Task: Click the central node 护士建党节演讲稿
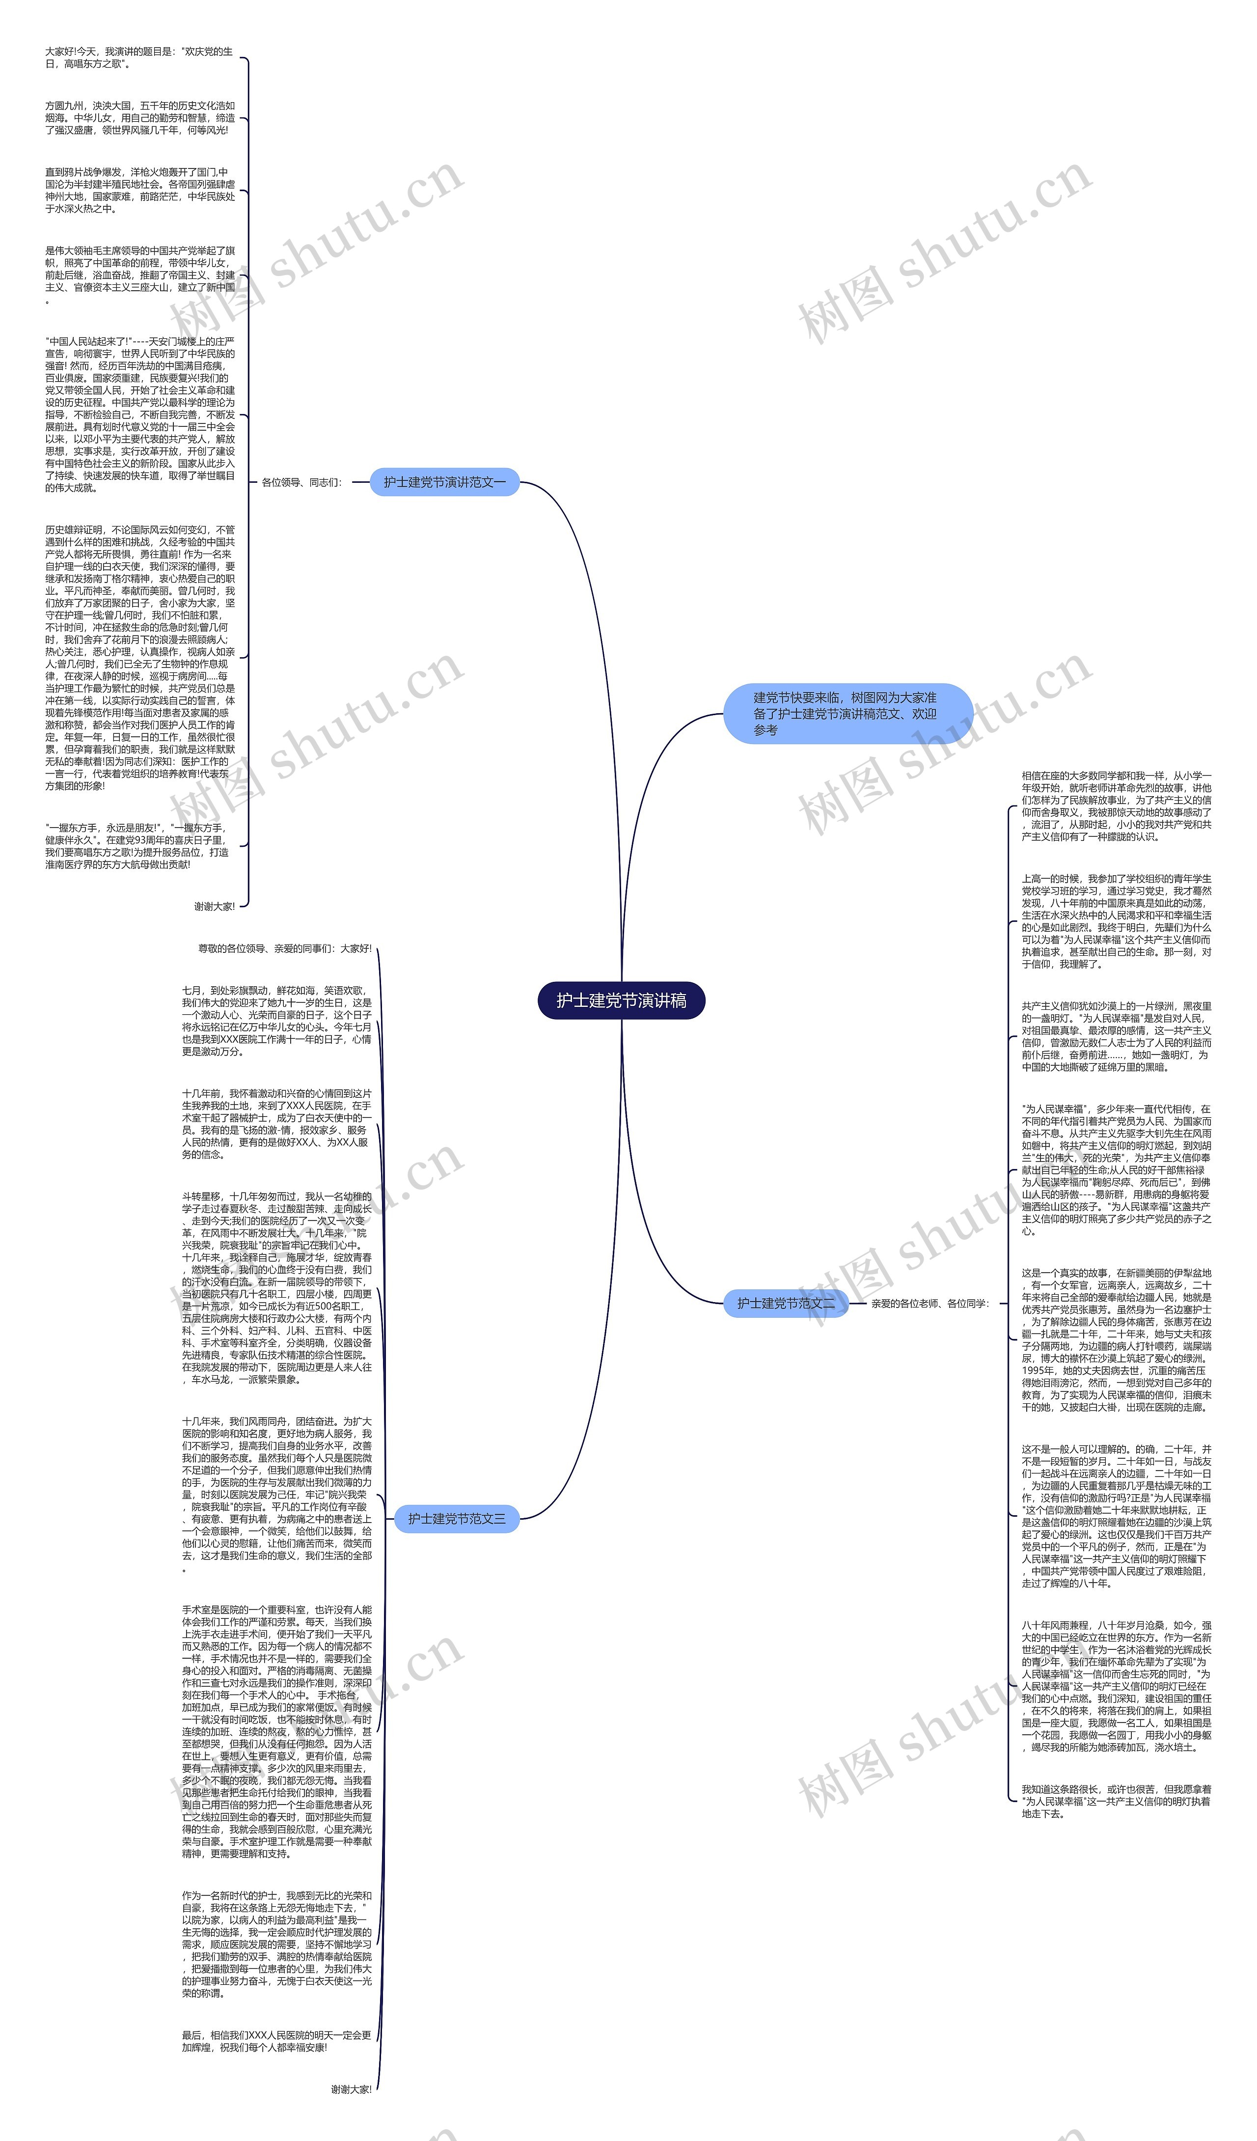[x=621, y=1000]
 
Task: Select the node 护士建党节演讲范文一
[x=444, y=482]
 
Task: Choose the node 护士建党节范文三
[x=456, y=1518]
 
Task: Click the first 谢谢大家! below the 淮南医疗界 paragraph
[x=214, y=907]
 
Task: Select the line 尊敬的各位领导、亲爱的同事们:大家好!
[x=284, y=948]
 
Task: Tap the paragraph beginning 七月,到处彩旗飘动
[x=276, y=1020]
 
